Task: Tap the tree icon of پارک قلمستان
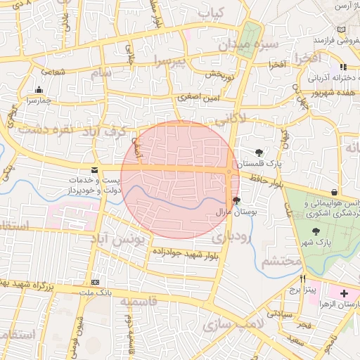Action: (x=259, y=152)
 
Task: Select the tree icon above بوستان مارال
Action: (x=236, y=200)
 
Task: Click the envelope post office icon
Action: (x=94, y=170)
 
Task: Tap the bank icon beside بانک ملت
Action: (x=95, y=281)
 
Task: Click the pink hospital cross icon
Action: (x=344, y=293)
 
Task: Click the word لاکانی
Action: (x=231, y=120)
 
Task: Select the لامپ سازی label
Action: (x=232, y=324)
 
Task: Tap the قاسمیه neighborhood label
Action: (x=141, y=302)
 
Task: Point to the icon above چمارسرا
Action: (x=38, y=90)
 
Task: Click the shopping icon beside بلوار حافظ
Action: (x=333, y=193)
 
